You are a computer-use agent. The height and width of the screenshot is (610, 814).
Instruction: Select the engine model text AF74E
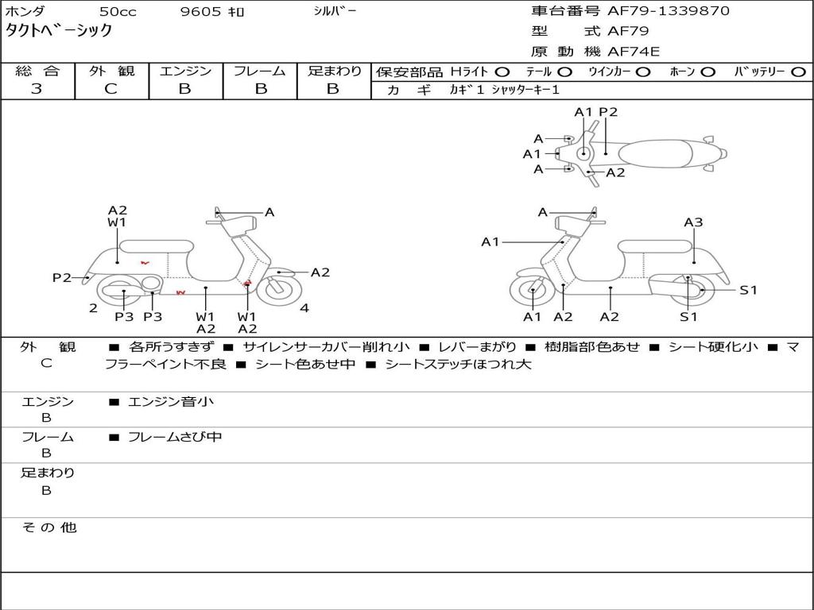(634, 52)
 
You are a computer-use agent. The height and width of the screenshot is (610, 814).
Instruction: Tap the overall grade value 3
(37, 88)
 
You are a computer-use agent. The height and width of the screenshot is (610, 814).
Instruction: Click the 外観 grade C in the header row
(111, 88)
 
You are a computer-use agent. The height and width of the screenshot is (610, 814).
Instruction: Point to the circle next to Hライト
(502, 72)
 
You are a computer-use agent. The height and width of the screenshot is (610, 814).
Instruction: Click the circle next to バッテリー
(798, 72)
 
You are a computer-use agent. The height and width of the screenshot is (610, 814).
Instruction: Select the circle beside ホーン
(708, 72)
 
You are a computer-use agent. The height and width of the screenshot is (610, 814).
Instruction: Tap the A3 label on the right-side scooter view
(693, 222)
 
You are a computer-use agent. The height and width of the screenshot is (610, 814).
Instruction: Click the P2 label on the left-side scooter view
(62, 277)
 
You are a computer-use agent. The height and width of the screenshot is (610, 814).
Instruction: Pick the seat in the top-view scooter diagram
(655, 154)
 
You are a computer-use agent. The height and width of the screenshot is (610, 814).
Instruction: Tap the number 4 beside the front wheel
(304, 308)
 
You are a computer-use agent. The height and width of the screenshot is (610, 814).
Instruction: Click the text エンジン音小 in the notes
(171, 401)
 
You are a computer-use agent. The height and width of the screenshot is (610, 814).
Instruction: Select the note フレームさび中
(175, 437)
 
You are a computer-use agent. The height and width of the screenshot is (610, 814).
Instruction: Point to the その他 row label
(48, 527)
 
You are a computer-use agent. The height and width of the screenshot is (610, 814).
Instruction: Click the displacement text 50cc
(118, 11)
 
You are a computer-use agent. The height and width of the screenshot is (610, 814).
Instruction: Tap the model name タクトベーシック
(59, 30)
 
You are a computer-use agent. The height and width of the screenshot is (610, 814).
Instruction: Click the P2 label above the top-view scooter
(608, 112)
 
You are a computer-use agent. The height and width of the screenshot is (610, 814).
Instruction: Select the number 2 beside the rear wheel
(94, 308)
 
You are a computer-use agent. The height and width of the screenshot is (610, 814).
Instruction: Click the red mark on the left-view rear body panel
(145, 263)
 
